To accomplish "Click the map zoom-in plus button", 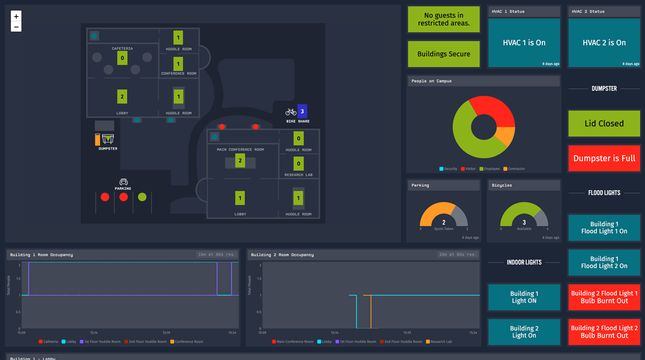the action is (x=16, y=17).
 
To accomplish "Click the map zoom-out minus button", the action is (x=16, y=27).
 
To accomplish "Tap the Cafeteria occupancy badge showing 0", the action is (x=122, y=58).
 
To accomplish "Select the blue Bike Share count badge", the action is (x=302, y=111).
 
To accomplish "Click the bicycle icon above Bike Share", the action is (x=291, y=112).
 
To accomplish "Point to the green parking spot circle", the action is (x=142, y=197).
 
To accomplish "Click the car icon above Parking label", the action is (x=123, y=182).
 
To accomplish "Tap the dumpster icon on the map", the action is (x=107, y=140).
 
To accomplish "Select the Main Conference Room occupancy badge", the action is (x=240, y=160).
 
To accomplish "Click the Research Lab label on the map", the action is (x=299, y=175).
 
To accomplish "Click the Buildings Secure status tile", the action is (x=443, y=54).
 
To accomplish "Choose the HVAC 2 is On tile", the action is (x=604, y=43).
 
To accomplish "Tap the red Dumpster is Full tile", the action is (x=604, y=158).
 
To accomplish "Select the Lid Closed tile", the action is (x=604, y=124).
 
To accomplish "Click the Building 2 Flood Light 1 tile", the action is (x=604, y=297).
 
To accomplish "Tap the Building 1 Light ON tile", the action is (x=524, y=297).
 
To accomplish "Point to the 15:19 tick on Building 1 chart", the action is (x=166, y=333).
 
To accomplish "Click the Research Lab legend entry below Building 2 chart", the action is (x=441, y=342).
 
